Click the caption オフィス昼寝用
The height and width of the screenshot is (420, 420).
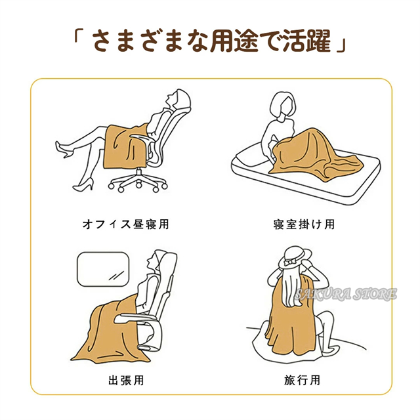tap(126, 224)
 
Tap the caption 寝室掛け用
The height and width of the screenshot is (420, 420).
tap(304, 224)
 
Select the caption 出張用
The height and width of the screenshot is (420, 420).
tap(126, 380)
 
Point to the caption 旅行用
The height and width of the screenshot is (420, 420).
tap(303, 380)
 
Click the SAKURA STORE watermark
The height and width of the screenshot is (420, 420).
tap(346, 295)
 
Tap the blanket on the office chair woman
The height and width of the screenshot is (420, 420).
tap(126, 147)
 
